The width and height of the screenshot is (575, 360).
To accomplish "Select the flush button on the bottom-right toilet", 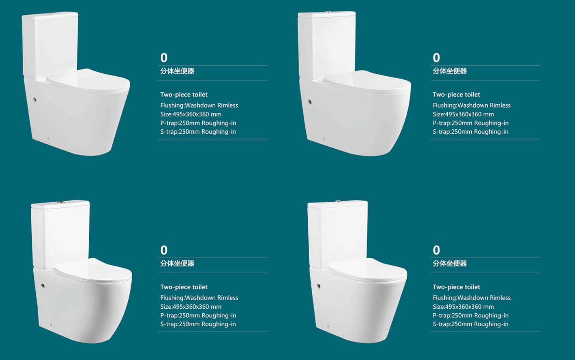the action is coord(338,201).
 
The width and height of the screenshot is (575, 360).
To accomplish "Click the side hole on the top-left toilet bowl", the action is coord(35,99).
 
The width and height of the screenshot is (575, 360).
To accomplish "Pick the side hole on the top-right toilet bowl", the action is coord(310,102).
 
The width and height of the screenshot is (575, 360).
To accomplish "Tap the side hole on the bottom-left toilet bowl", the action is coord(43,286).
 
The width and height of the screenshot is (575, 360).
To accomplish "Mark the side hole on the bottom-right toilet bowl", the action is coord(319,286).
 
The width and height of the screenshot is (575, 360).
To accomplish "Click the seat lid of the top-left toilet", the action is coord(88,80).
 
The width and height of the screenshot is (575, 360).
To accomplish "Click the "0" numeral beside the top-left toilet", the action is coord(164,57).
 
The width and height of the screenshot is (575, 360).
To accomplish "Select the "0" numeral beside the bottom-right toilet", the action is coord(437,250).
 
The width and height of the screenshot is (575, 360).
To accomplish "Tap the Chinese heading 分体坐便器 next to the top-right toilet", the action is coord(450,71).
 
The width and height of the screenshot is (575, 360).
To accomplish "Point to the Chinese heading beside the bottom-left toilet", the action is coord(177,263).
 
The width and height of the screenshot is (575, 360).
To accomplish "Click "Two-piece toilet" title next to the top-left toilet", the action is coord(184,95).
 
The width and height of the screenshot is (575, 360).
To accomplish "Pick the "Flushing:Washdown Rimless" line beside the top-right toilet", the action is coord(472,105).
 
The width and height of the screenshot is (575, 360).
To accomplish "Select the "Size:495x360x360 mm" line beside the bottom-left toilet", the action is coord(191,307).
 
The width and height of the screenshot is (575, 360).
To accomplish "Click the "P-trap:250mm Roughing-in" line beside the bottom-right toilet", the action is coord(470,316).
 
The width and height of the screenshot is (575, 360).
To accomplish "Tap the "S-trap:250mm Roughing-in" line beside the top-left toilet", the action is coord(198,132).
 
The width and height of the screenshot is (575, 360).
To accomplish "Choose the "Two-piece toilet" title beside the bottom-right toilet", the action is coord(456,287).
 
